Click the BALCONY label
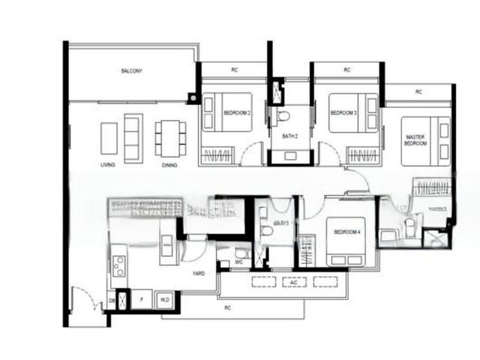pyautogui.click(x=131, y=71)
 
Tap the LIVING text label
pyautogui.click(x=107, y=165)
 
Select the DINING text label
pyautogui.click(x=169, y=165)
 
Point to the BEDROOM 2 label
pyautogui.click(x=237, y=113)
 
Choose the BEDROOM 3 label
pyautogui.click(x=343, y=113)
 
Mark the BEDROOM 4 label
pyautogui.click(x=347, y=232)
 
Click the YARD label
pyautogui.click(x=199, y=274)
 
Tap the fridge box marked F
pyautogui.click(x=141, y=298)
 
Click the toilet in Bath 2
pyautogui.click(x=283, y=117)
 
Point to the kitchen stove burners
pyautogui.click(x=118, y=266)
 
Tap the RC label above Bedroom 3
pyautogui.click(x=347, y=70)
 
